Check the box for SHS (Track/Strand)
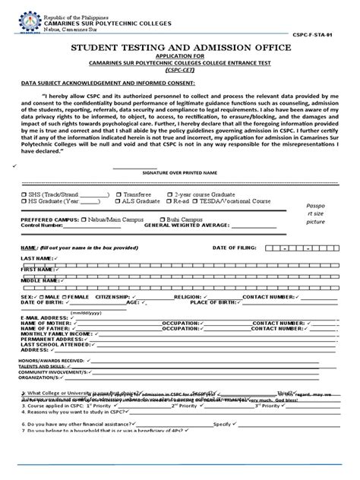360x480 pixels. point(24,194)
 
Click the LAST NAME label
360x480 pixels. point(36,259)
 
